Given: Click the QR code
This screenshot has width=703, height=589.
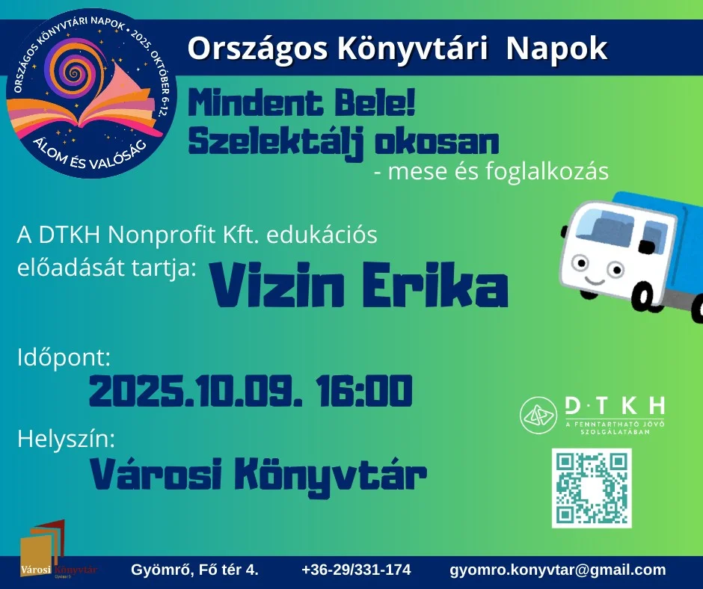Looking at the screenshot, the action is pos(592,487).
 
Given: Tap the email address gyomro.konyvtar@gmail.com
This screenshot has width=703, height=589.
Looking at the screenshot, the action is pos(558,570).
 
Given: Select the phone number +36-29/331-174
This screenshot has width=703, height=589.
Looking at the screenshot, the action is pos(357,570).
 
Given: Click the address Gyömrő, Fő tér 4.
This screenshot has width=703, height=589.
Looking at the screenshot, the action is pos(194,570).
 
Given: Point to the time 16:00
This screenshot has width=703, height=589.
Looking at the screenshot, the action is pos(363,391).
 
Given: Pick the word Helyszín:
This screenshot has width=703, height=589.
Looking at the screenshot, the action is pos(66,439).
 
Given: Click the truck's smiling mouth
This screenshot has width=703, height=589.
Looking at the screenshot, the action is pos(595,281).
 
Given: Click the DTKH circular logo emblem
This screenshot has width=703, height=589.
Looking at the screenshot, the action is pos(538,415).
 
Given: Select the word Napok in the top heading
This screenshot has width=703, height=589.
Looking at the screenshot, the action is pos(556,49).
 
